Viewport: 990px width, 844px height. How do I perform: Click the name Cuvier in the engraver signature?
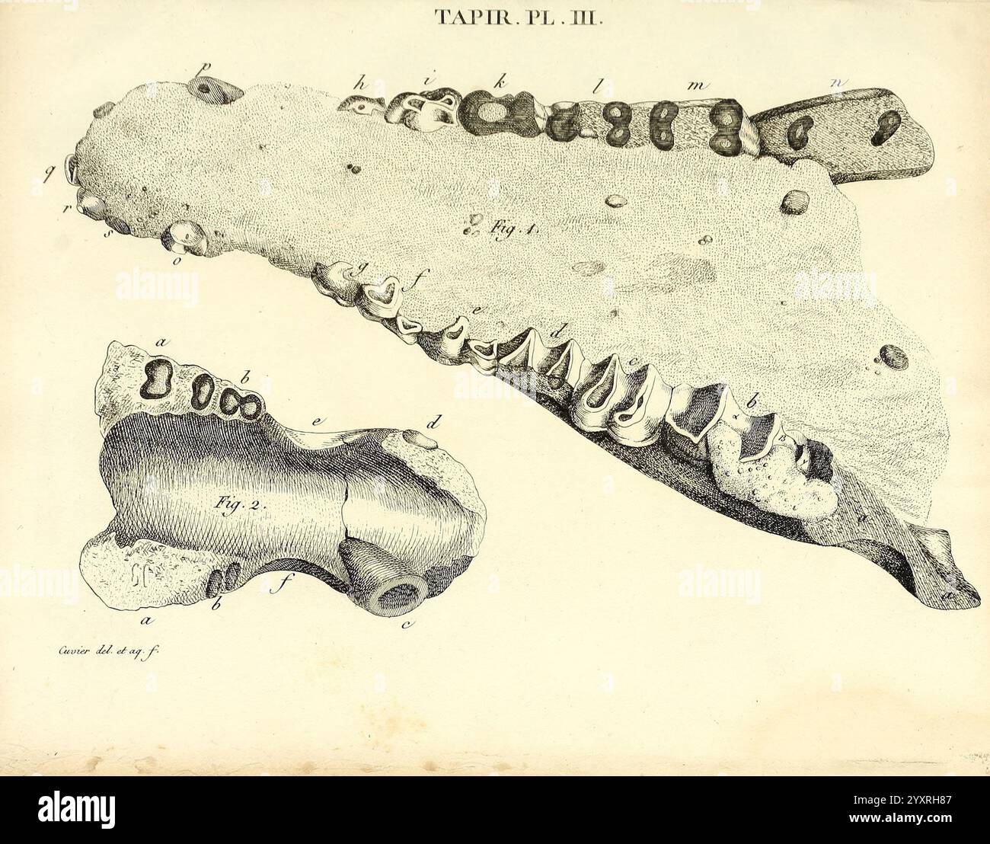click(x=53, y=650)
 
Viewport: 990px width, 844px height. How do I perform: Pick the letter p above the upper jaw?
click(x=203, y=67)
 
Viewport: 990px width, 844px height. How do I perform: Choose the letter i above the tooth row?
click(x=430, y=79)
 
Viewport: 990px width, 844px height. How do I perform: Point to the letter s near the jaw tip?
click(x=109, y=232)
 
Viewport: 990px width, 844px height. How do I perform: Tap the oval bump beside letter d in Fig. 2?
click(x=414, y=436)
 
